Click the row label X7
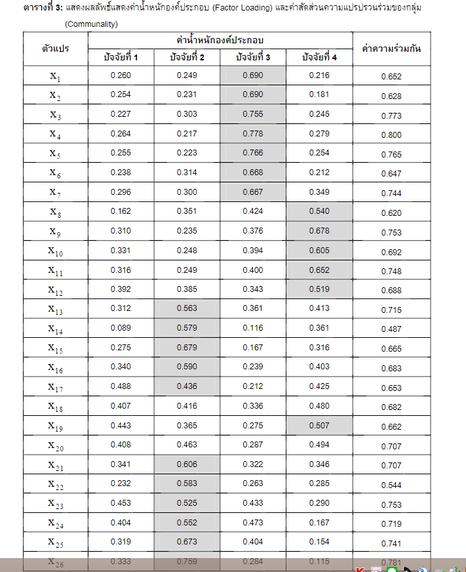point(55,193)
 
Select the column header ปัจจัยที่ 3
point(253,57)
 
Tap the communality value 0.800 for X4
point(391,135)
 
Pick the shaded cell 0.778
point(253,134)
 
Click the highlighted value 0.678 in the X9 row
point(320,231)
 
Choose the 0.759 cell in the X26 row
point(187,561)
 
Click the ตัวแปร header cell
point(56,49)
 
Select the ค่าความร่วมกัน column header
point(391,49)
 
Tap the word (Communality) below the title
point(91,24)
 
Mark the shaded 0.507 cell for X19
point(320,425)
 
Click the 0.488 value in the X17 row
point(121,386)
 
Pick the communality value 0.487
point(391,329)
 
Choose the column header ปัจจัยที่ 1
point(121,57)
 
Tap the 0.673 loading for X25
point(187,542)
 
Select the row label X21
point(55,465)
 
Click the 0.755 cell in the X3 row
point(253,113)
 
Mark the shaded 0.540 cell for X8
point(320,211)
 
